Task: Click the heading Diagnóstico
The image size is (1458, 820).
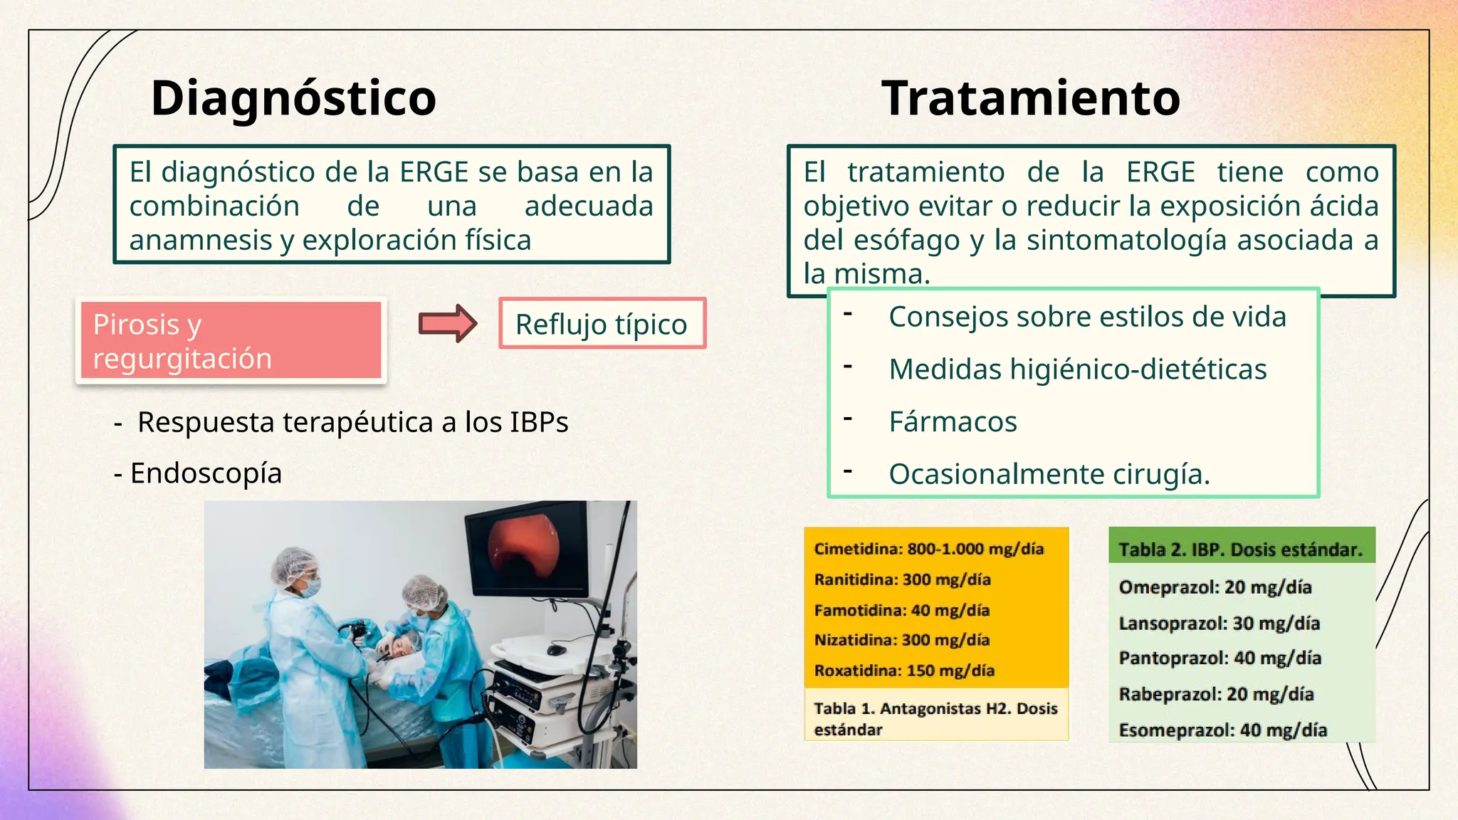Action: [x=293, y=98]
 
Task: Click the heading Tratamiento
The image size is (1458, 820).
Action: [x=1031, y=98]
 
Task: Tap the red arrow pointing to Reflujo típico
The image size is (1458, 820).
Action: [x=447, y=324]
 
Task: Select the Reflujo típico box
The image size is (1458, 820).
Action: [x=602, y=324]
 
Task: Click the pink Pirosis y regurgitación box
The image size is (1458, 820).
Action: [x=231, y=340]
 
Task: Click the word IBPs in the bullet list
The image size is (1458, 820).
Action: [x=539, y=422]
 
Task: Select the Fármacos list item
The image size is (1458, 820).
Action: [x=953, y=422]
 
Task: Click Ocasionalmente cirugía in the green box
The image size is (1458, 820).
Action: [x=1049, y=474]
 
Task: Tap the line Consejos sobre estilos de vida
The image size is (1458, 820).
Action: [x=1087, y=317]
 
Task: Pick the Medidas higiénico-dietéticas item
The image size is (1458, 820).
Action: [x=1077, y=369]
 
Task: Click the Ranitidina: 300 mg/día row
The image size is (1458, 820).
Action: [x=902, y=579]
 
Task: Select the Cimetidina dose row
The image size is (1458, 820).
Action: [x=928, y=549]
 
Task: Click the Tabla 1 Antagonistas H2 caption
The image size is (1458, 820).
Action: [x=935, y=718]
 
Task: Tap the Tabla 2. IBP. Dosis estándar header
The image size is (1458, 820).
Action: [x=1240, y=550]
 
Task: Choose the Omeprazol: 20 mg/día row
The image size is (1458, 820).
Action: [x=1215, y=587]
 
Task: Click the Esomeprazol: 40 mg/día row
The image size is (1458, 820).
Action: [x=1222, y=730]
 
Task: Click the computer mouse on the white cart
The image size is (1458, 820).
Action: [x=556, y=650]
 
